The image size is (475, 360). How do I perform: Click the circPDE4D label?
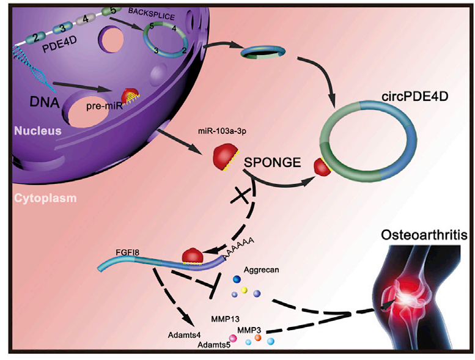pyautogui.click(x=414, y=97)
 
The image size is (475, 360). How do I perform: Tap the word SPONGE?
pyautogui.click(x=272, y=163)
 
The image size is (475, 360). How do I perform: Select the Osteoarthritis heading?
pyautogui.click(x=424, y=235)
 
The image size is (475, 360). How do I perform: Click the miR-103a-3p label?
pyautogui.click(x=222, y=131)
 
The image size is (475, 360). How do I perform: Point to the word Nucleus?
pyautogui.click(x=38, y=131)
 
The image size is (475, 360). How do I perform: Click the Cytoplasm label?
pyautogui.click(x=45, y=198)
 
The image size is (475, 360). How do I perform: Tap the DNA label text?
pyautogui.click(x=45, y=102)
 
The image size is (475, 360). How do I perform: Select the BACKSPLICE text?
pyautogui.click(x=152, y=14)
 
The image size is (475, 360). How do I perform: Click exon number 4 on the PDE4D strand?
pyautogui.click(x=86, y=20)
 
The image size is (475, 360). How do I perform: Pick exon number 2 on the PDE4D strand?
pyautogui.click(x=36, y=38)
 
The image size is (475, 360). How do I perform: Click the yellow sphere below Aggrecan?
pyautogui.click(x=244, y=290)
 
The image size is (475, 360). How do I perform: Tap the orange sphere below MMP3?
pyautogui.click(x=258, y=337)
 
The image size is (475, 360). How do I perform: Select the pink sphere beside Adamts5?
pyautogui.click(x=233, y=338)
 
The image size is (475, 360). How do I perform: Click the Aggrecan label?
pyautogui.click(x=261, y=270)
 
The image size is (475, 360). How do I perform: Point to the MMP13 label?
pyautogui.click(x=225, y=319)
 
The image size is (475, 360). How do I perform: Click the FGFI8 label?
pyautogui.click(x=127, y=252)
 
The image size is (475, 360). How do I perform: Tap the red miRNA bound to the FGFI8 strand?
pyautogui.click(x=193, y=256)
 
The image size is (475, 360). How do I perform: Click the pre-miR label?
pyautogui.click(x=104, y=106)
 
